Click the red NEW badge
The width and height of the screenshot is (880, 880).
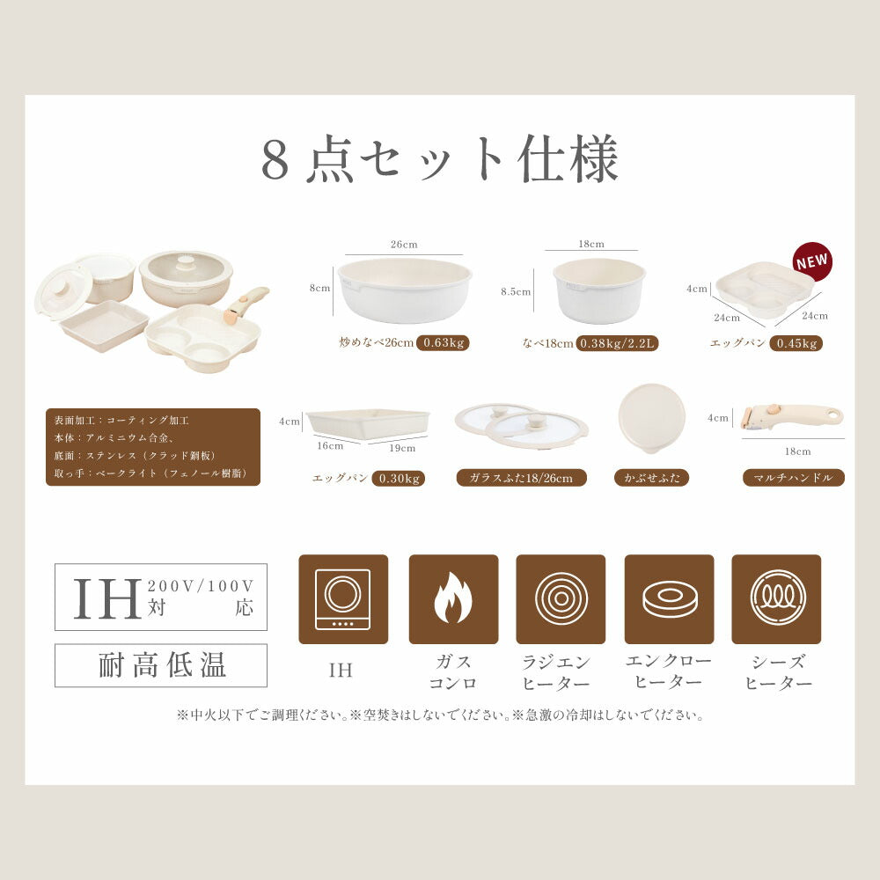click(x=812, y=261)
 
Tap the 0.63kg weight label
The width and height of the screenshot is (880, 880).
click(x=443, y=343)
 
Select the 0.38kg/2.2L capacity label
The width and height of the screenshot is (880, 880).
click(x=617, y=343)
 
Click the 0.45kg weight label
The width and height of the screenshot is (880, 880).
click(x=796, y=343)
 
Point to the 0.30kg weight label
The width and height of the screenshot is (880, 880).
click(x=399, y=478)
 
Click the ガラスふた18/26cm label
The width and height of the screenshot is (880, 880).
click(x=521, y=478)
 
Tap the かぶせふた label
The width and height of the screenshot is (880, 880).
click(x=651, y=478)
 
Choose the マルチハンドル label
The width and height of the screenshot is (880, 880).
click(x=794, y=478)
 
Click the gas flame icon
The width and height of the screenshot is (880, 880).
click(x=453, y=598)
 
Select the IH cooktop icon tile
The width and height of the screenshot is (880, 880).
click(x=343, y=599)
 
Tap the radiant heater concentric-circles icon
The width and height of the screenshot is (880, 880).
click(x=561, y=598)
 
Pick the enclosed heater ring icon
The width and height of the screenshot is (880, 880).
click(x=670, y=599)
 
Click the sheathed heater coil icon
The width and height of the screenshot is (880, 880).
click(x=777, y=598)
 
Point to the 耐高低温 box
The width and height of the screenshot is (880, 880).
click(x=161, y=665)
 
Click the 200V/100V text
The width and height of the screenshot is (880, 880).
click(x=201, y=586)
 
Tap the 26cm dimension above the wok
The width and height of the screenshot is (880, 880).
click(x=404, y=244)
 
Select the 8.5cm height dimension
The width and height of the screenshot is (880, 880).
click(x=515, y=292)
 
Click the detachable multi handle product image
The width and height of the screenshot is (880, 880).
click(x=791, y=418)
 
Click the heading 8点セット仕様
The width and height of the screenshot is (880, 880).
click(x=440, y=158)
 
